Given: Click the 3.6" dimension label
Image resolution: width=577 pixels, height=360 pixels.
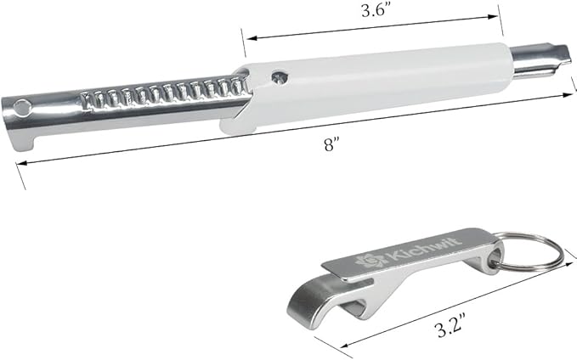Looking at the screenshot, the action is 373,11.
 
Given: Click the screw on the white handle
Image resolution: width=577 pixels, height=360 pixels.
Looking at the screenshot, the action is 280,77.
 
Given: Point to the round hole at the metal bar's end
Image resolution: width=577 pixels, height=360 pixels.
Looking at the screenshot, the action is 22,108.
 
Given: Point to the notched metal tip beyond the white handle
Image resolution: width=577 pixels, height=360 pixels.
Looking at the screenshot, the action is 541,60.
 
